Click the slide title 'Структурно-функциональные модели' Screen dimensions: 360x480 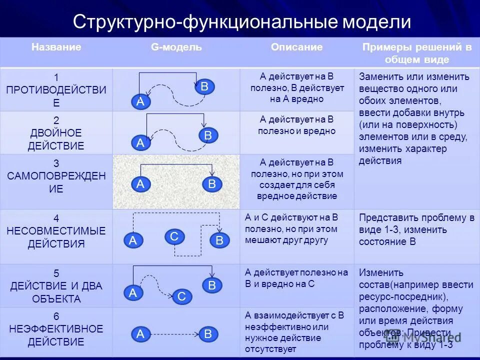click(x=242, y=22)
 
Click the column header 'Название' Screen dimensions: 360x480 click(x=56, y=47)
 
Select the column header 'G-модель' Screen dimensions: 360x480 click(x=176, y=47)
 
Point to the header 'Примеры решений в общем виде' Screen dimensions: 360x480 click(x=416, y=53)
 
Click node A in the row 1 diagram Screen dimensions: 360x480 click(x=140, y=102)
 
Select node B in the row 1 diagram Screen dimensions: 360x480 click(x=204, y=86)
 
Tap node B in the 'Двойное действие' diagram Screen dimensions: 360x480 click(x=208, y=135)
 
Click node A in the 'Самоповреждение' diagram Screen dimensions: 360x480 click(x=140, y=184)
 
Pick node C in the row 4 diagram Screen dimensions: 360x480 click(x=174, y=236)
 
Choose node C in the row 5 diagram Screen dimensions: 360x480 click(x=181, y=297)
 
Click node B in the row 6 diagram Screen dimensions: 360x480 click(x=208, y=334)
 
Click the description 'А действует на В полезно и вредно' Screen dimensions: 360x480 click(x=297, y=125)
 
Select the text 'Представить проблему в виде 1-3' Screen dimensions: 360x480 click(x=416, y=224)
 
